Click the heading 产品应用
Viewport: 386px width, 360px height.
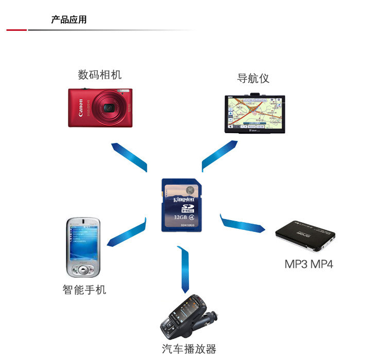[68, 20]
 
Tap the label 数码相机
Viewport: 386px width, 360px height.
[100, 75]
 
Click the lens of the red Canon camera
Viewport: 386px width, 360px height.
[109, 108]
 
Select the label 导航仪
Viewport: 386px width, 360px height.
[253, 79]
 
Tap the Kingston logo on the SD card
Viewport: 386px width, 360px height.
[184, 199]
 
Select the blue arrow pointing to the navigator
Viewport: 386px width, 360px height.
[219, 155]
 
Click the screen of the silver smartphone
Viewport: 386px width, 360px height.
[83, 242]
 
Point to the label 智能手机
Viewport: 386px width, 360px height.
[84, 290]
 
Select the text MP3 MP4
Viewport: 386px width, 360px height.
[309, 264]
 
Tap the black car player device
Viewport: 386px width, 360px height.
[187, 316]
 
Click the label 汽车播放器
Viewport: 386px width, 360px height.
[189, 349]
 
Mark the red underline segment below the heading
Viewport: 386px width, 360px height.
[16, 30]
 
